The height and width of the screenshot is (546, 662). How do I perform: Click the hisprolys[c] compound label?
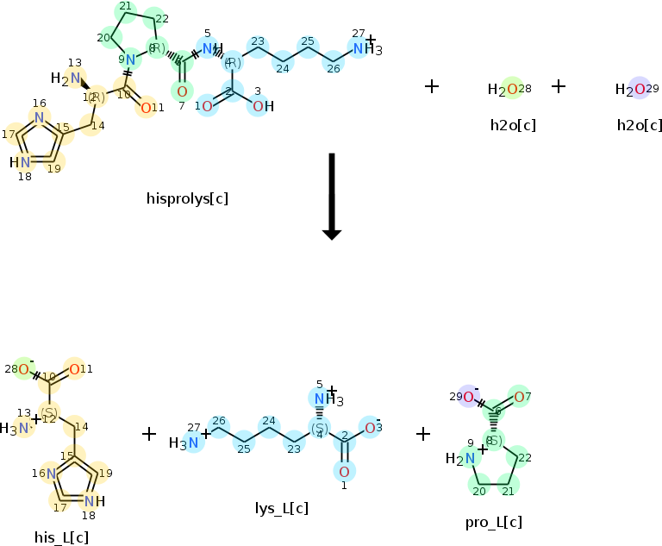[187, 198]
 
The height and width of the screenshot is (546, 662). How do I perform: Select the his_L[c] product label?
[61, 537]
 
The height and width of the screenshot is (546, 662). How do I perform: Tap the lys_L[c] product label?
[282, 508]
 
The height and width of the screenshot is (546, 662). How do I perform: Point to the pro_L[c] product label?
[493, 522]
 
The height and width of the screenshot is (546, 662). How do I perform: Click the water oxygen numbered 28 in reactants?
[512, 89]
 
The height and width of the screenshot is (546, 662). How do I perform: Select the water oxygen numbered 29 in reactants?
[639, 89]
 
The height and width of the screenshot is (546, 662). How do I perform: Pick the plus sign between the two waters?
[559, 86]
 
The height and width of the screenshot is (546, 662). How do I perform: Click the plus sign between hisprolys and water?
[432, 86]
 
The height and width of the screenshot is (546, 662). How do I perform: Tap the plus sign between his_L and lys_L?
[149, 433]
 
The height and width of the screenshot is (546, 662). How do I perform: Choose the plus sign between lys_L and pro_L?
[423, 433]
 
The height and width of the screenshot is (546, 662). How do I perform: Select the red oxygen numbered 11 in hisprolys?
[146, 107]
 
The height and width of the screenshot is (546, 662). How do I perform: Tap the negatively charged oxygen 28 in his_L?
[23, 370]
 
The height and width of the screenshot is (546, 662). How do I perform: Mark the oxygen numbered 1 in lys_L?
[343, 471]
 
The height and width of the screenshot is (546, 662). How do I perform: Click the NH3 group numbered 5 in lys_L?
[320, 399]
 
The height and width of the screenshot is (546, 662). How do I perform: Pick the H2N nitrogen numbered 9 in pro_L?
[469, 459]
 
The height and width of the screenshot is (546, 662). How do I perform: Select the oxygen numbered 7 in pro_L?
[519, 396]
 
